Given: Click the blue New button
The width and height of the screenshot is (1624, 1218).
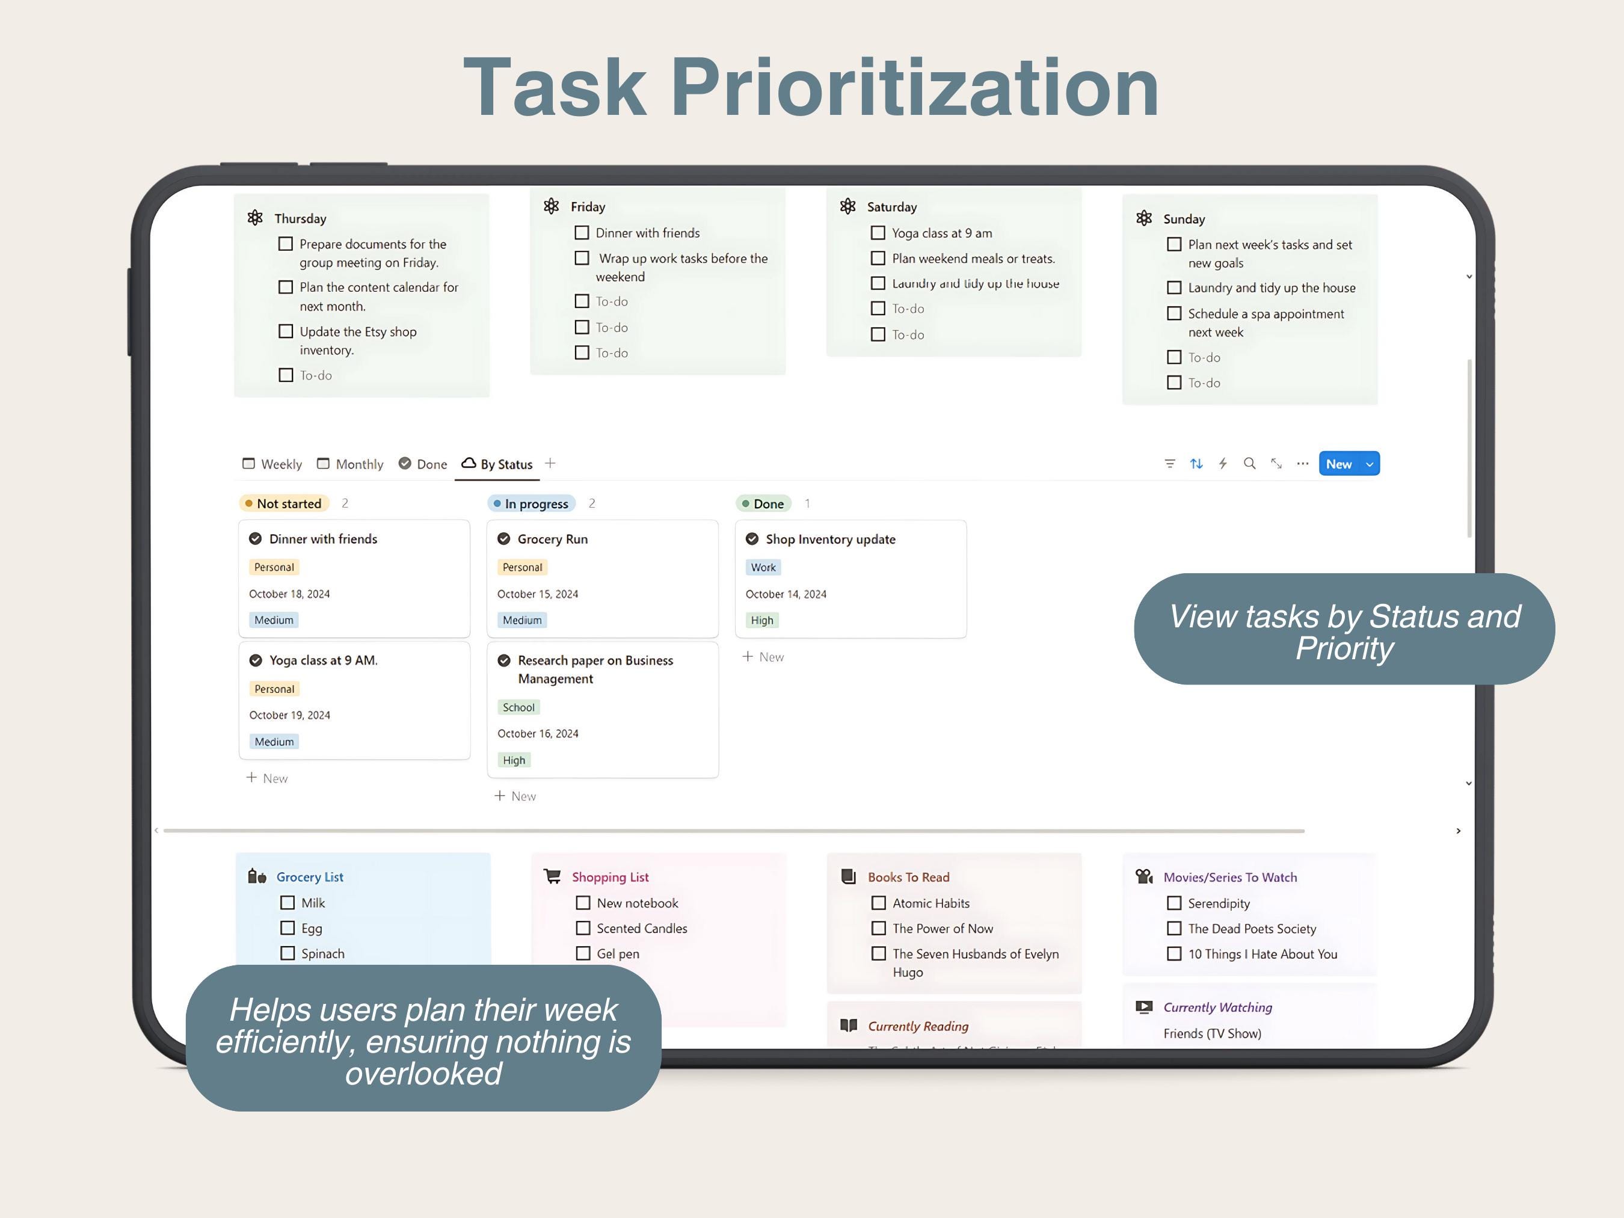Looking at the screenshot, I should [x=1338, y=464].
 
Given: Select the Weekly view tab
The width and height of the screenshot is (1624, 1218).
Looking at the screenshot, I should [x=272, y=464].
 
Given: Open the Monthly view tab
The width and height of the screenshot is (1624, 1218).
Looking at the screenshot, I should [x=350, y=464].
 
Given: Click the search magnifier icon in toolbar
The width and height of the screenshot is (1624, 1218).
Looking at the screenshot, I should [x=1249, y=463].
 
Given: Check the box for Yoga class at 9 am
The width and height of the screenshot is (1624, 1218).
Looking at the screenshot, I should [x=878, y=233].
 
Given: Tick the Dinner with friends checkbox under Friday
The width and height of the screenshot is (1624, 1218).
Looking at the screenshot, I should [x=582, y=233].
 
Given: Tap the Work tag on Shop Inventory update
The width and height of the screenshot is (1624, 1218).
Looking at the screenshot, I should [x=763, y=568].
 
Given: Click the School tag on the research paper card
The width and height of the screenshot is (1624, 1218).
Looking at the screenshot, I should [x=518, y=707].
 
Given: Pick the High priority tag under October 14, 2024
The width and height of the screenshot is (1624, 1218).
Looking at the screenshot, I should [x=761, y=620].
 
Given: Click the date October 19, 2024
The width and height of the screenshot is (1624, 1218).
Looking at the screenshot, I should [x=289, y=715].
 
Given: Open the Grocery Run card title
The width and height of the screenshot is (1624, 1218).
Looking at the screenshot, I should [x=552, y=539].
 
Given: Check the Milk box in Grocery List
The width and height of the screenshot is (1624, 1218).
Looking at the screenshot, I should [x=287, y=902].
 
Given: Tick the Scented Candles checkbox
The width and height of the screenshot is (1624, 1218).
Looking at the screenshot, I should [x=583, y=928].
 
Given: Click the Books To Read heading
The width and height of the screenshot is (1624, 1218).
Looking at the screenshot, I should [x=908, y=878].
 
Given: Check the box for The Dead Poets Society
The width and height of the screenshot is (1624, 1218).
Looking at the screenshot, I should [x=1174, y=929].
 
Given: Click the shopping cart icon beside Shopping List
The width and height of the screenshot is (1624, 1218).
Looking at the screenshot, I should [x=552, y=876].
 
